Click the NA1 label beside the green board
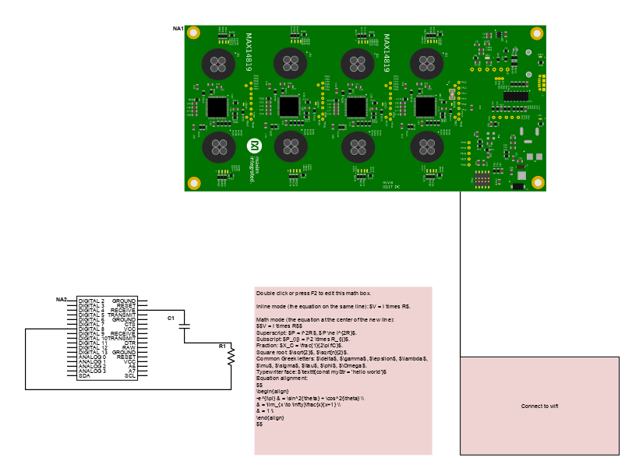178,29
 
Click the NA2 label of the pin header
62,300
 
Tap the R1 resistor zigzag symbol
231,356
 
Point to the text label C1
171,318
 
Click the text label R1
222,345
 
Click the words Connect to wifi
539,406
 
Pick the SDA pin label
83,376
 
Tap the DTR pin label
130,343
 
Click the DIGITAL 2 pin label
91,301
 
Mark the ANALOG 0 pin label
92,357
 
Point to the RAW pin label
129,348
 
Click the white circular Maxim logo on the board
253,146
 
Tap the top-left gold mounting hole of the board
195,33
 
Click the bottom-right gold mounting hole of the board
536,183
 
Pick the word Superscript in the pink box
270,333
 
